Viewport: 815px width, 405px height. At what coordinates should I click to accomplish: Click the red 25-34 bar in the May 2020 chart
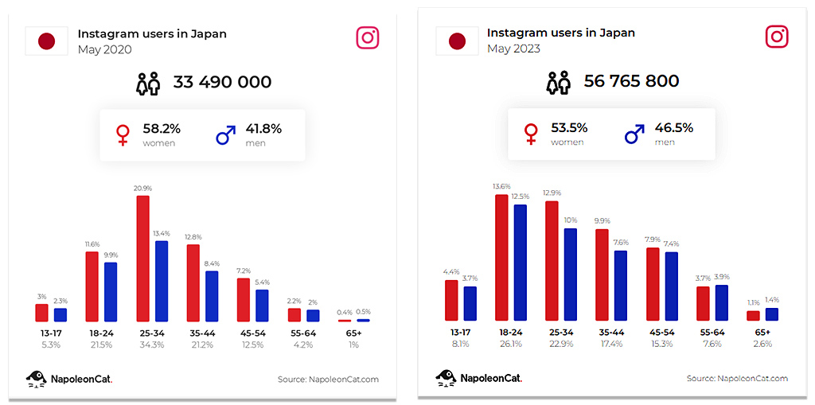(x=143, y=258)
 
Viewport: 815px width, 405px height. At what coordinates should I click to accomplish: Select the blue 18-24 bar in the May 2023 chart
(x=521, y=263)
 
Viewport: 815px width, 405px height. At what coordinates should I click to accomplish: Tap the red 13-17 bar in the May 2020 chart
(x=41, y=312)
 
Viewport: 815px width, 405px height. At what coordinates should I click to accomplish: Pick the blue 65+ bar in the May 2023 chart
(x=772, y=314)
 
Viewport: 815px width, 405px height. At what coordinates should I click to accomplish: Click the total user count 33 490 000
(x=222, y=82)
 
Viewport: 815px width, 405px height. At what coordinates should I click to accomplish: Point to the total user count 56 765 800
(x=631, y=81)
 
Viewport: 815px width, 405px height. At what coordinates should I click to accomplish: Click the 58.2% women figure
(x=162, y=128)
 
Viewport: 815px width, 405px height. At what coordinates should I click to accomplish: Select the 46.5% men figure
(x=673, y=127)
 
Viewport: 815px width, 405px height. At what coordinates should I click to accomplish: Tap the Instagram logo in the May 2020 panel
(x=367, y=37)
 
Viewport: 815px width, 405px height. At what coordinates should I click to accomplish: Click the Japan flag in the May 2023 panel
(x=457, y=41)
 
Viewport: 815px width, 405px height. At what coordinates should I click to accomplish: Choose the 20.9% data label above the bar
(x=143, y=189)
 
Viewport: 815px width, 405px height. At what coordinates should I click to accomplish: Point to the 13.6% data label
(x=501, y=187)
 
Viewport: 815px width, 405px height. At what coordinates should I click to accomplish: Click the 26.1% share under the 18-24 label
(x=510, y=344)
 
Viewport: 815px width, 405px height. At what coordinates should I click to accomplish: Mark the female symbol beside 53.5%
(x=531, y=134)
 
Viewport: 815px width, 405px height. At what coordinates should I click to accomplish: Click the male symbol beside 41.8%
(x=226, y=134)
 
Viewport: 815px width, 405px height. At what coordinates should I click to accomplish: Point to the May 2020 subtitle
(x=104, y=49)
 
